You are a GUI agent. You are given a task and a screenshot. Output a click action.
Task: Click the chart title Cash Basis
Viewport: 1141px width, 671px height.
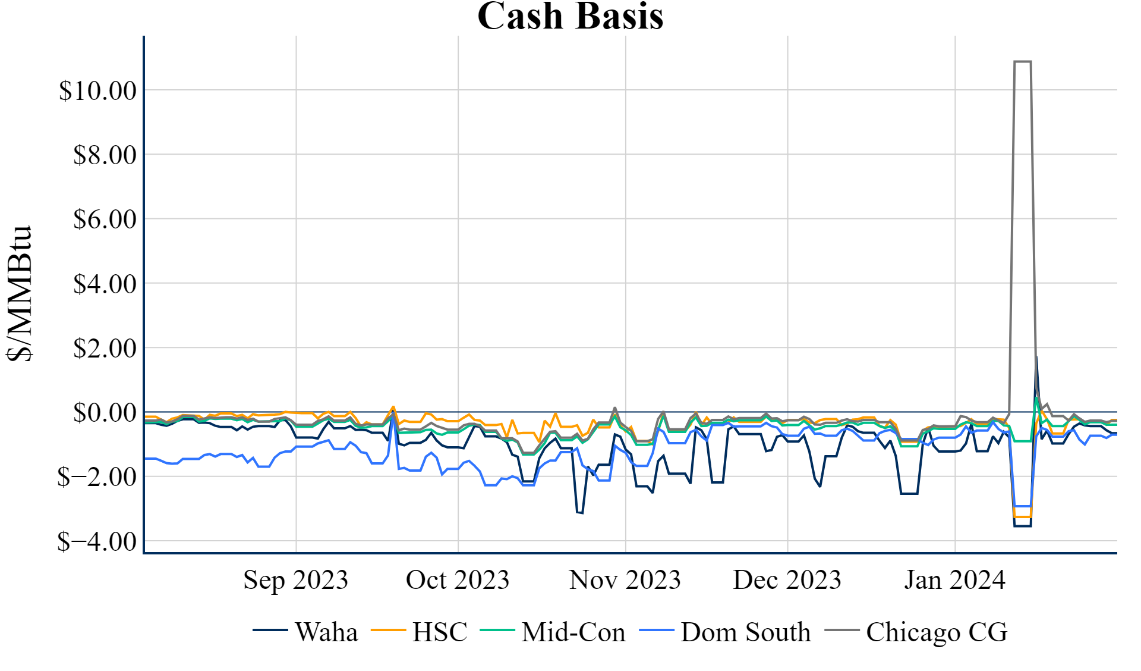point(570,16)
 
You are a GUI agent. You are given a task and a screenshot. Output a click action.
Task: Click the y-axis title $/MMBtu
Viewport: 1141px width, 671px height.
point(20,293)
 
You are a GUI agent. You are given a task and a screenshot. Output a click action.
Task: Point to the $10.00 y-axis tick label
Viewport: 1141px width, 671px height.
point(97,91)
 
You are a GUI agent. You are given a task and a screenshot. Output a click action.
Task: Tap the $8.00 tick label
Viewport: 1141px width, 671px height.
point(105,155)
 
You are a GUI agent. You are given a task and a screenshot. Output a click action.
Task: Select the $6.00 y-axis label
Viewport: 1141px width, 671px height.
point(105,220)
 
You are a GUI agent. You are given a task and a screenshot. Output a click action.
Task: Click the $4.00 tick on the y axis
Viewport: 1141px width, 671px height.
point(105,284)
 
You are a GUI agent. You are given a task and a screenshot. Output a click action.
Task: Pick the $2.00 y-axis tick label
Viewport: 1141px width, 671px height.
point(105,349)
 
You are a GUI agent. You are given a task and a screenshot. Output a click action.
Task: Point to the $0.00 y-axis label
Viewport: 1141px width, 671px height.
point(105,413)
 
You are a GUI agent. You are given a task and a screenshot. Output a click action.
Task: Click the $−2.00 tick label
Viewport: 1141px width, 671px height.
point(97,477)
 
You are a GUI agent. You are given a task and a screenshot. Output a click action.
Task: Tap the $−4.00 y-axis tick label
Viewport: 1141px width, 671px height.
point(97,542)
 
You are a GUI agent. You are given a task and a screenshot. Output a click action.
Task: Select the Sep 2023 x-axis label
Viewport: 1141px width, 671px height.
point(295,580)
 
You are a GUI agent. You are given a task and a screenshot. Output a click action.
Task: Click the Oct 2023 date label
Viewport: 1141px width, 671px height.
point(458,580)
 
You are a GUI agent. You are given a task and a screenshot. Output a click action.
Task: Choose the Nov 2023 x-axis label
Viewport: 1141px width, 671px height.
point(625,580)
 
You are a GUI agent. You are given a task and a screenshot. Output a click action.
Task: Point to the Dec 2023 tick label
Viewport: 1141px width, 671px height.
point(787,580)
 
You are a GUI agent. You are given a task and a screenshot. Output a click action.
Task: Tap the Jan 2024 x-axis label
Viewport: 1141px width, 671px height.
point(954,580)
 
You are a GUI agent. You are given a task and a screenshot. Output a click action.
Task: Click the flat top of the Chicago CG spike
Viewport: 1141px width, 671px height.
point(1022,61)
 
